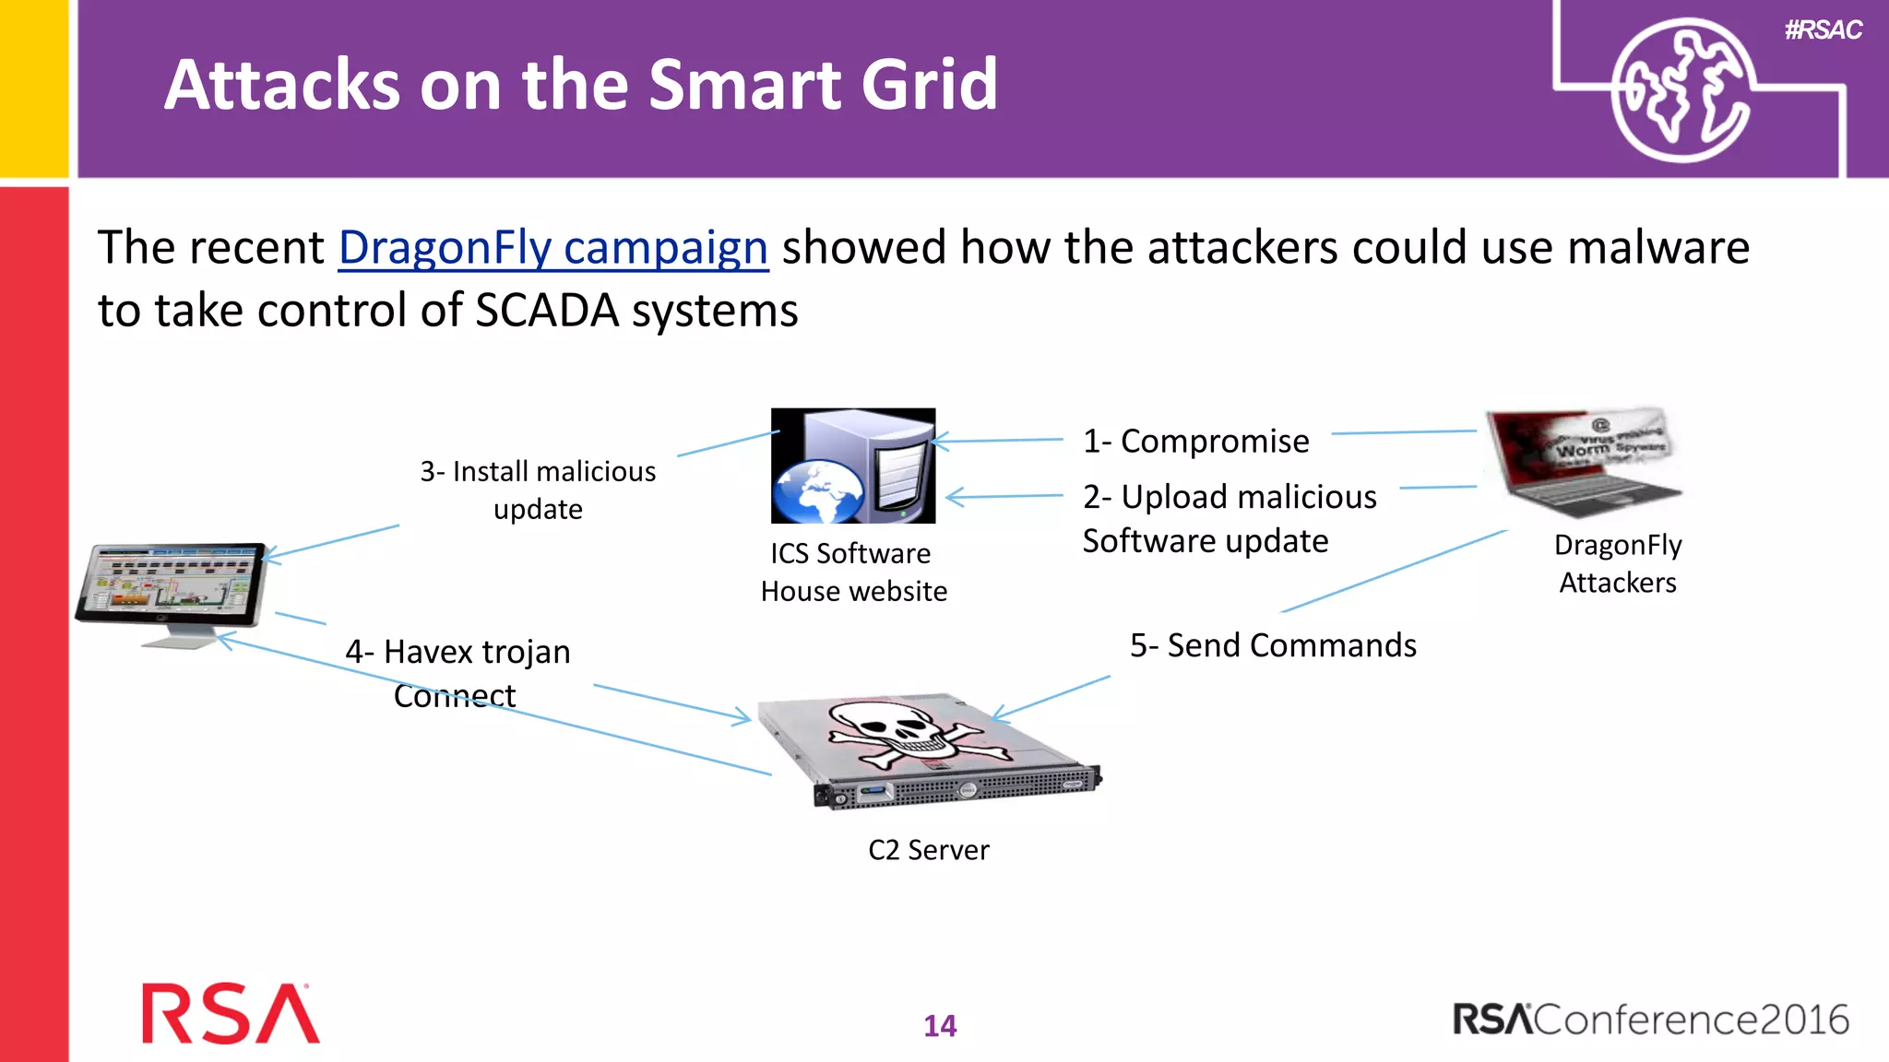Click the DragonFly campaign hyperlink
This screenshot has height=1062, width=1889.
(552, 248)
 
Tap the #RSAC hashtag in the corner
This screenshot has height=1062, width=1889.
(1823, 30)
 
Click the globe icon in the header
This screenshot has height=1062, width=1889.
(1681, 90)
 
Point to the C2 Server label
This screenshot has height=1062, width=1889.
(928, 849)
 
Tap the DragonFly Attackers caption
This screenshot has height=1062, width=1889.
(1618, 563)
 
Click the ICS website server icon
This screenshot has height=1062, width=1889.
(853, 466)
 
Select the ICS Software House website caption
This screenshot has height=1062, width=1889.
(853, 572)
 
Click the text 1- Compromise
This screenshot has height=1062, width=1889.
(1195, 442)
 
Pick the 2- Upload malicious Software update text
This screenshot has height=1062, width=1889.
(1229, 518)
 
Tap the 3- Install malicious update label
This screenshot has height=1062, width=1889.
(538, 490)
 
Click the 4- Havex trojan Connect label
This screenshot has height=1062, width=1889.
(457, 673)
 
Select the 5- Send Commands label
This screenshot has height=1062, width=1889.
(1273, 645)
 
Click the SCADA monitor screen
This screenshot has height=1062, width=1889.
(172, 583)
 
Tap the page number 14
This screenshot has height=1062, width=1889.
(940, 1025)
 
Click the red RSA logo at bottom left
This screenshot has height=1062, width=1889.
(231, 1014)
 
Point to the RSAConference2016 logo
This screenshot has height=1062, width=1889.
(1650, 1020)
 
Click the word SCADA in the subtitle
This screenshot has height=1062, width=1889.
(546, 311)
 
